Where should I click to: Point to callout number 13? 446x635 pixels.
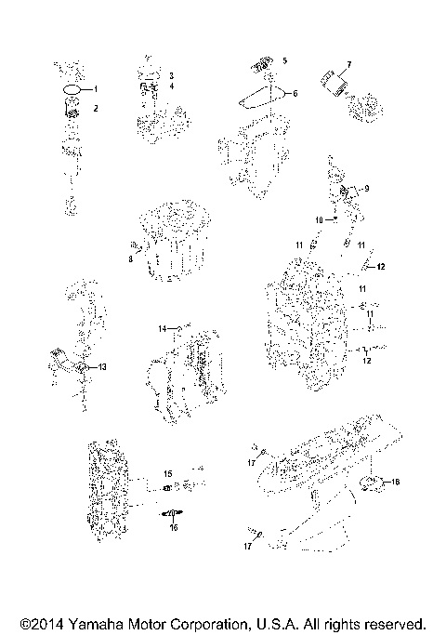[102, 367]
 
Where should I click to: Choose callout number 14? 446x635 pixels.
[162, 328]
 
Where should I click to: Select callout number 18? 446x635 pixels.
[394, 482]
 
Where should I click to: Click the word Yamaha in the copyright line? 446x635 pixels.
[92, 623]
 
